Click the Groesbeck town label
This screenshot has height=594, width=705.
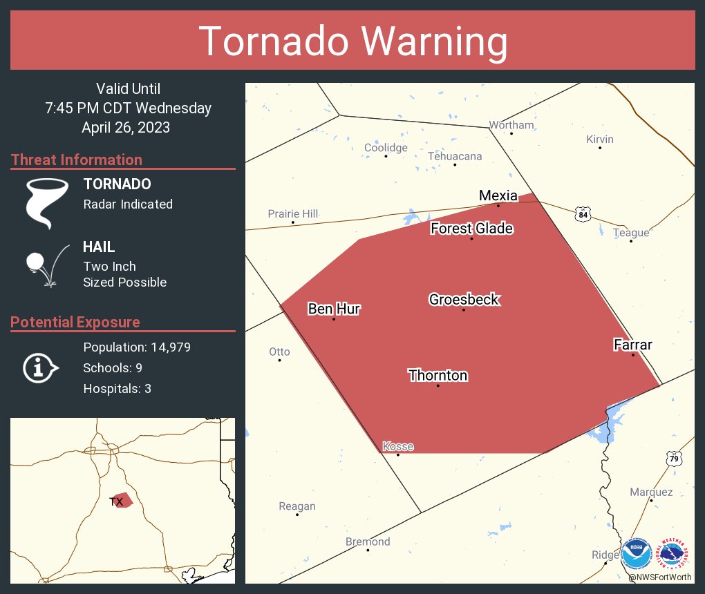coord(464,300)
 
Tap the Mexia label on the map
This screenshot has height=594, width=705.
coord(498,196)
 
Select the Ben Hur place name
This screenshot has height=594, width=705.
coord(334,309)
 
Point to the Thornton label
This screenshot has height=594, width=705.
coord(438,376)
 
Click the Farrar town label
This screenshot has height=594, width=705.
coord(632,345)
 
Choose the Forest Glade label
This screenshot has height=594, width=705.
coord(471,229)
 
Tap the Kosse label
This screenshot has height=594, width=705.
coord(397,446)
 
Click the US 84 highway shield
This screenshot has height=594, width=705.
coord(583,214)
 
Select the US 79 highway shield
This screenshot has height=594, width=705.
coord(674,458)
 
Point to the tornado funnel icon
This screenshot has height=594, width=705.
coord(47,202)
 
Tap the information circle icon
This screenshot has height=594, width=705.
coord(41,367)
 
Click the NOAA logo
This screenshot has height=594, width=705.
coord(637,553)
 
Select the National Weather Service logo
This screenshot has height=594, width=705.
coord(674,553)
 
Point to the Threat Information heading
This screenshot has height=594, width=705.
coord(77,160)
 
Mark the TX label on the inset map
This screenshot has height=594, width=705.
coord(117,501)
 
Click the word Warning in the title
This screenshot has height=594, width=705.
coord(426,41)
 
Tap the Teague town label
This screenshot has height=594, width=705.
coord(631,233)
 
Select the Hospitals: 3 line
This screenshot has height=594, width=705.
coord(117,389)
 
